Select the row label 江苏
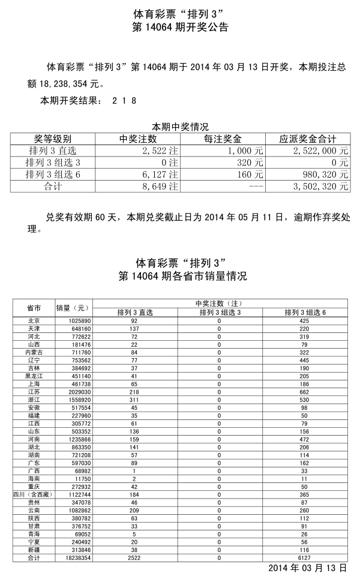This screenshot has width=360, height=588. pos(34,391)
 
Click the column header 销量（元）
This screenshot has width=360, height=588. pos(73,308)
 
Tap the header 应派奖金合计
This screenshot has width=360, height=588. pos(308,139)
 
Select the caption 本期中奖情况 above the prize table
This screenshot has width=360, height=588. pos(180,127)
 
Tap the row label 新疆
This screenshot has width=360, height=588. pos(34,550)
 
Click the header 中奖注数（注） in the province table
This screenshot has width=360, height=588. pos(219,304)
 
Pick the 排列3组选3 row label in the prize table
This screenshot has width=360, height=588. pos(53,163)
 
